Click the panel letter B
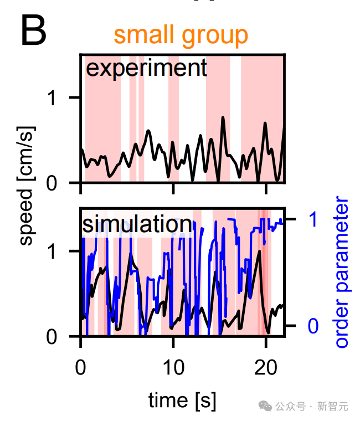(x=33, y=32)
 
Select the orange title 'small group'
(x=181, y=35)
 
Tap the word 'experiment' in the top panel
(x=147, y=69)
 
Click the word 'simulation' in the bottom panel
(x=137, y=224)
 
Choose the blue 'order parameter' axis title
(x=343, y=271)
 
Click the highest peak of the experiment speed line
(x=223, y=117)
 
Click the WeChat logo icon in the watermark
(x=267, y=406)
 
